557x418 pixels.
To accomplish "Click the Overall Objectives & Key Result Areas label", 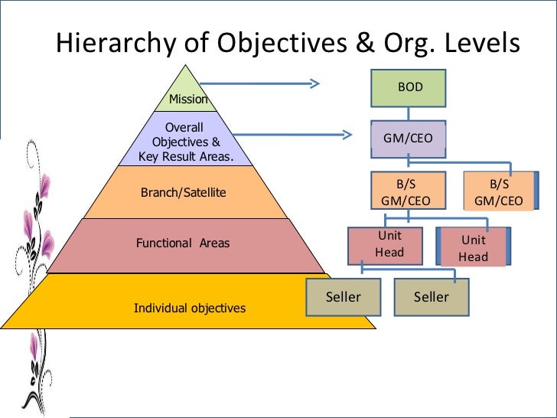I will click(186, 142).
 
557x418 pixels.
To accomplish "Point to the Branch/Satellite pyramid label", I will click(184, 192).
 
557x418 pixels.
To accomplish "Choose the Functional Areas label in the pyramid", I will click(183, 243).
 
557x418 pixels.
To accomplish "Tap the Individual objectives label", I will click(190, 308).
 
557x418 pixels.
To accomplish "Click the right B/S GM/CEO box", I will click(499, 192).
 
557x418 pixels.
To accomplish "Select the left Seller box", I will click(343, 297).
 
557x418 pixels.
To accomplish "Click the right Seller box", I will click(432, 297).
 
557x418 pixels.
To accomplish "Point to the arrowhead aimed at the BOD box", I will click(314, 82).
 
